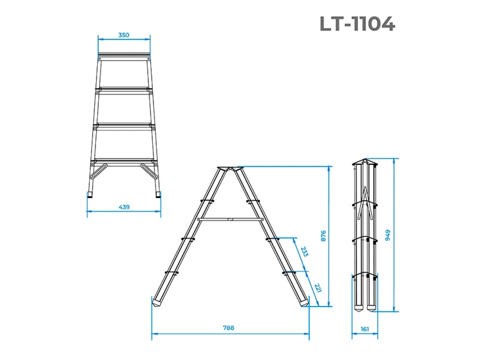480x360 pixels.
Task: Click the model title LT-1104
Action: pos(357,24)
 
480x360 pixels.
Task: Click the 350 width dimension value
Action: pos(124,35)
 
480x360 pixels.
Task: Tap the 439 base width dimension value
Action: pos(124,207)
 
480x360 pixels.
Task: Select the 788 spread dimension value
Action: pos(228,328)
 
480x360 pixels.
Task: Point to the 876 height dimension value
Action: pos(324,236)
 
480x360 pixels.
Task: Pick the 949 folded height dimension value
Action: pos(387,235)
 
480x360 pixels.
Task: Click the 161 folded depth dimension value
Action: pos(364,329)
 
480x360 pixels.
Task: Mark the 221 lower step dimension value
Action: pos(318,288)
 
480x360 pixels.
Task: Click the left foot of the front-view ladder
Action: pos(90,195)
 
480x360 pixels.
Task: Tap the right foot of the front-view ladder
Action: pos(159,195)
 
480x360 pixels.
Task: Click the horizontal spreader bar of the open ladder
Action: pos(230,219)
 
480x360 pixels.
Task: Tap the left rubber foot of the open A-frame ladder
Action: pos(157,302)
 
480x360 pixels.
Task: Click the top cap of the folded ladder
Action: pos(364,162)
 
